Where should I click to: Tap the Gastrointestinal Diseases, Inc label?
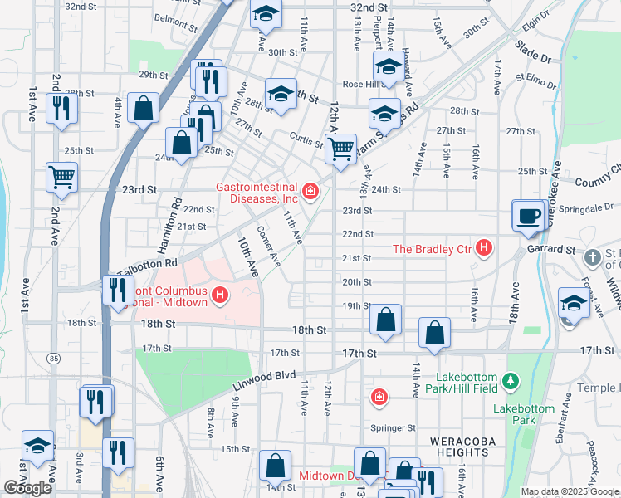[257, 192]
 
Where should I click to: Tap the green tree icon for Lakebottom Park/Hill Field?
[512, 382]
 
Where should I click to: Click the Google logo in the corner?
[27, 488]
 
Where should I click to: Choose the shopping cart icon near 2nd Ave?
[61, 176]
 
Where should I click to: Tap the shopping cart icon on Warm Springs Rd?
[340, 149]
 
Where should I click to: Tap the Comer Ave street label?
[269, 247]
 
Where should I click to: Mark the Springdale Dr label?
[585, 207]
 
